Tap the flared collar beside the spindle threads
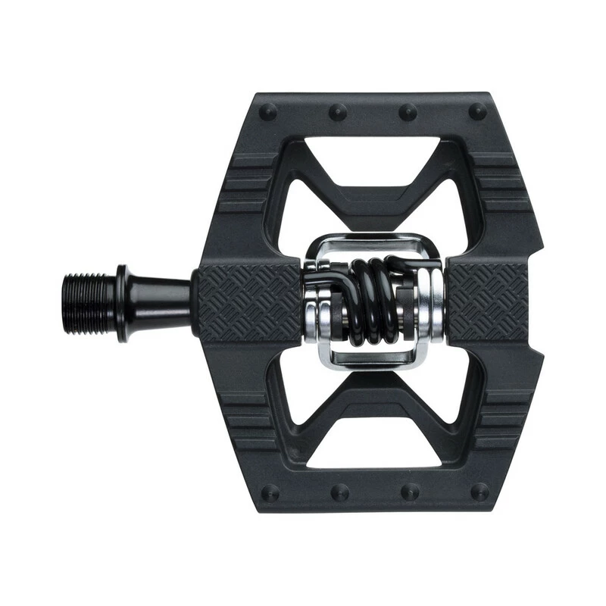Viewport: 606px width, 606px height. pos(125,292)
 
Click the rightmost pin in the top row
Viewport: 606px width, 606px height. pos(478,111)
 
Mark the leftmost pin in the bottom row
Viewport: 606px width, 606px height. pos(269,492)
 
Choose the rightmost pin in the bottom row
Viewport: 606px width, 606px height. pos(478,492)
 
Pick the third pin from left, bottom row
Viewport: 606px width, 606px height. pos(409,492)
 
